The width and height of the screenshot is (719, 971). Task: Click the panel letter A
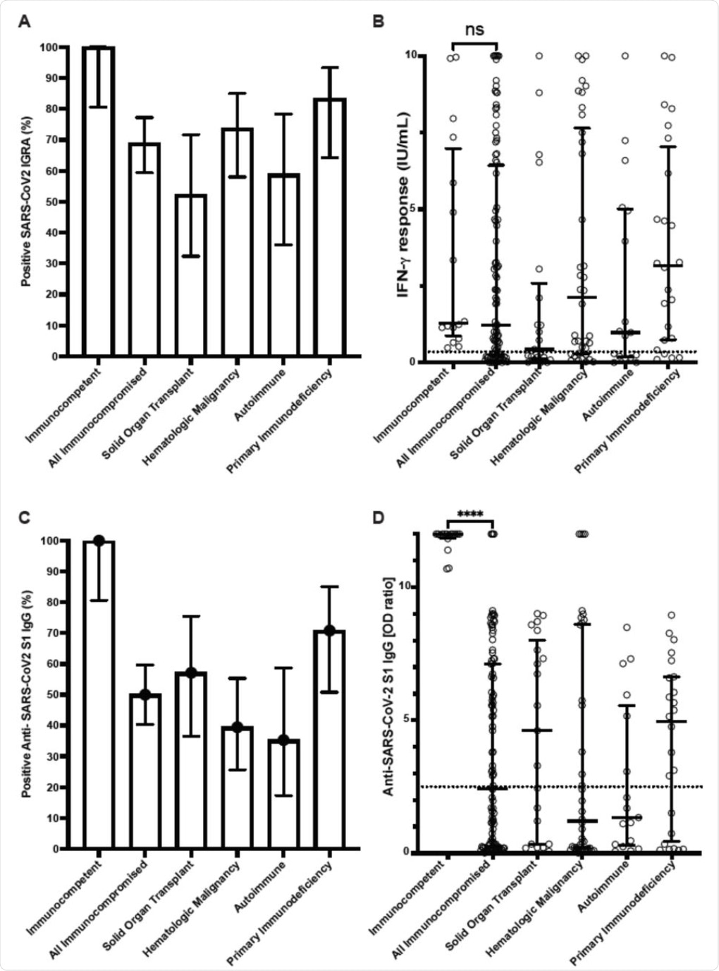pyautogui.click(x=25, y=22)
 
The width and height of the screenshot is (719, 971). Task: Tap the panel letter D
pyautogui.click(x=379, y=518)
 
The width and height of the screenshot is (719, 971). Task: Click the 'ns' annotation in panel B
pyautogui.click(x=475, y=29)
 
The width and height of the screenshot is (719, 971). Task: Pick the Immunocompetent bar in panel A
pyautogui.click(x=99, y=201)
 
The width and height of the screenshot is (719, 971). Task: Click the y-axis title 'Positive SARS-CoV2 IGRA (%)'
pyautogui.click(x=26, y=201)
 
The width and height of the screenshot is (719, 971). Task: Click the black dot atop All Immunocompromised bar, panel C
pyautogui.click(x=145, y=694)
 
